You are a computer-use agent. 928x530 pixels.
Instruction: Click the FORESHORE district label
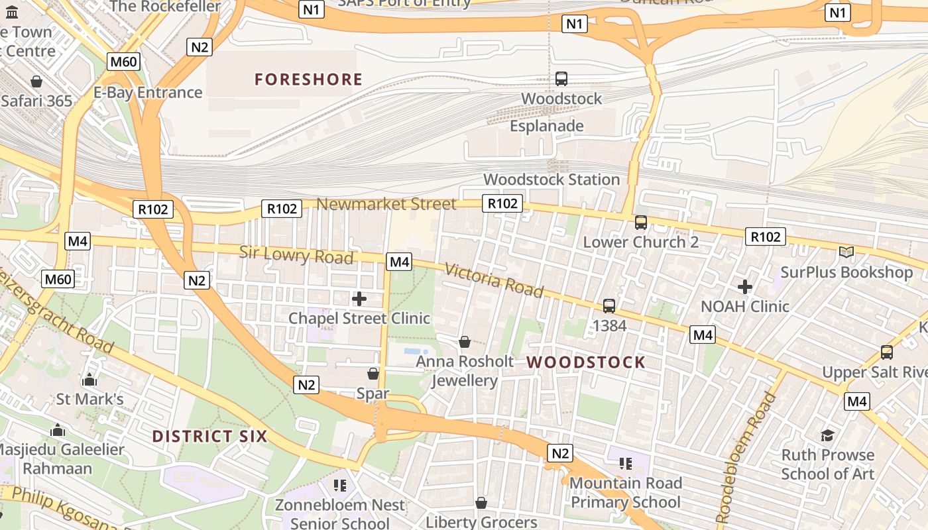click(308, 79)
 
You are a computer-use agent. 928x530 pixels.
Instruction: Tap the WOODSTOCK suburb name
click(586, 362)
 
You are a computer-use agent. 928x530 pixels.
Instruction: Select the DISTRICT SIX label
click(209, 437)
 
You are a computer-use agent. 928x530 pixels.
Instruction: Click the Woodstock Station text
click(551, 180)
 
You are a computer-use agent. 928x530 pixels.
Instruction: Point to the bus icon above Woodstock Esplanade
click(561, 79)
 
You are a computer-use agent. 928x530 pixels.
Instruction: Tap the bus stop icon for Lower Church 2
click(641, 223)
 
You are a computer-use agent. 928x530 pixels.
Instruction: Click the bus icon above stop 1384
click(609, 306)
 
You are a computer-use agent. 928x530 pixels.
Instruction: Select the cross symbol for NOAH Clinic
click(745, 287)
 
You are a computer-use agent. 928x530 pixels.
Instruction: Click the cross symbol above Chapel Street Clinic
click(359, 299)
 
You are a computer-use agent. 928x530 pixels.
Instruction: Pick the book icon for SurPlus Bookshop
click(846, 252)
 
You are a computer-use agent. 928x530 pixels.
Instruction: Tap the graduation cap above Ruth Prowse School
click(827, 435)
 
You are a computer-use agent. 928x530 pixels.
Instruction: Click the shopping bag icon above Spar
click(373, 374)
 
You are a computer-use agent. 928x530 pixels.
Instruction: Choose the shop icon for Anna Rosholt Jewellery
click(465, 342)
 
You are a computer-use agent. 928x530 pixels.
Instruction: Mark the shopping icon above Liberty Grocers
click(481, 503)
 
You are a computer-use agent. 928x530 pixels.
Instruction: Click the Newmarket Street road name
click(386, 204)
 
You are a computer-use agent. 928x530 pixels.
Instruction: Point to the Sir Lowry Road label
click(296, 254)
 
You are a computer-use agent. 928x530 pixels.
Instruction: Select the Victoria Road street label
click(494, 281)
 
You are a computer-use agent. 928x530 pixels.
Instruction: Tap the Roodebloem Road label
click(746, 457)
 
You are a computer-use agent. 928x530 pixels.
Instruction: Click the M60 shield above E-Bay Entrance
click(123, 62)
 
